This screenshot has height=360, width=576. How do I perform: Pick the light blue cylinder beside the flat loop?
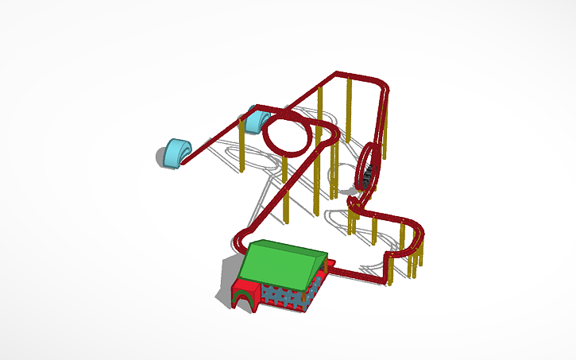click(x=257, y=119)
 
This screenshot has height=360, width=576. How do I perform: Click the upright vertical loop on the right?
click(x=367, y=171)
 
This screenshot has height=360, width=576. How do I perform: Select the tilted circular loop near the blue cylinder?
click(x=288, y=134)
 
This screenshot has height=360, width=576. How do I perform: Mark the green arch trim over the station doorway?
click(x=245, y=291)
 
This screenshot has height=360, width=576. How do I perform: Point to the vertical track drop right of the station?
click(x=389, y=267)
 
